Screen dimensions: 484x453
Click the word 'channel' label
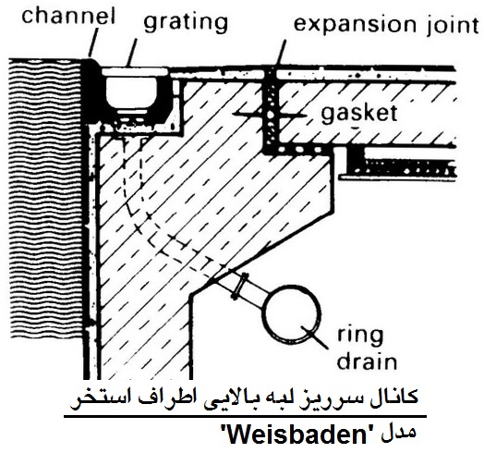[x=68, y=16]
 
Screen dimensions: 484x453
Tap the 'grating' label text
[x=186, y=23]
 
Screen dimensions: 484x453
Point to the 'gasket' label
[x=358, y=115]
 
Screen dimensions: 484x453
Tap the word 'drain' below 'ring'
[x=367, y=361]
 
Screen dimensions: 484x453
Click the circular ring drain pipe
[x=292, y=314]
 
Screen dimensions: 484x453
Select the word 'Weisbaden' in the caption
[x=298, y=435]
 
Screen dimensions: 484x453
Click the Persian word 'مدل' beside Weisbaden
[x=398, y=434]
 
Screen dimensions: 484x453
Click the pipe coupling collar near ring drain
[x=239, y=287]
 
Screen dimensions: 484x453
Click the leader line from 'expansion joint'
[x=280, y=53]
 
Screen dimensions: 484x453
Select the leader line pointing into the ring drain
[x=314, y=337]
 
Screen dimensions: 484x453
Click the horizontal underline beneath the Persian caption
[x=246, y=417]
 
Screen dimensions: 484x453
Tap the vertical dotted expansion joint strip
[x=271, y=109]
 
